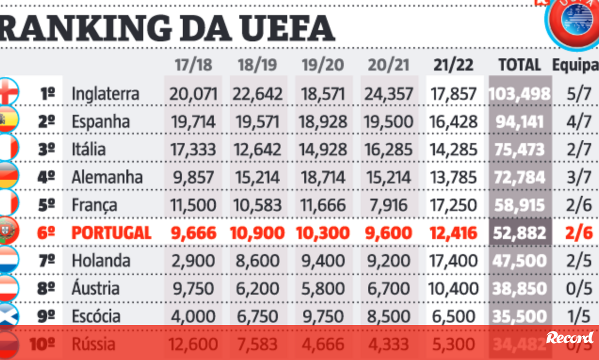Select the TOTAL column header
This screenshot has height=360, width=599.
tap(520, 65)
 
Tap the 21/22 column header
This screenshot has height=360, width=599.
tap(453, 65)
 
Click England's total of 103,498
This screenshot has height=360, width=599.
tap(520, 93)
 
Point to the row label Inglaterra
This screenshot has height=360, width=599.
tap(105, 93)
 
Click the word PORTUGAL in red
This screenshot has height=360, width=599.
tap(111, 233)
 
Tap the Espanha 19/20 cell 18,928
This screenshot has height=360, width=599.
tap(323, 121)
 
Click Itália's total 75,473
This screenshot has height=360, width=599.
tap(520, 149)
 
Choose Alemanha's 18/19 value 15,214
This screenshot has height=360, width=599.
tap(258, 177)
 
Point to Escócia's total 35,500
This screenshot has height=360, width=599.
tap(520, 317)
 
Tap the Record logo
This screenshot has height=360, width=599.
tap(570, 338)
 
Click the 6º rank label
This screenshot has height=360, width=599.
tap(47, 233)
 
